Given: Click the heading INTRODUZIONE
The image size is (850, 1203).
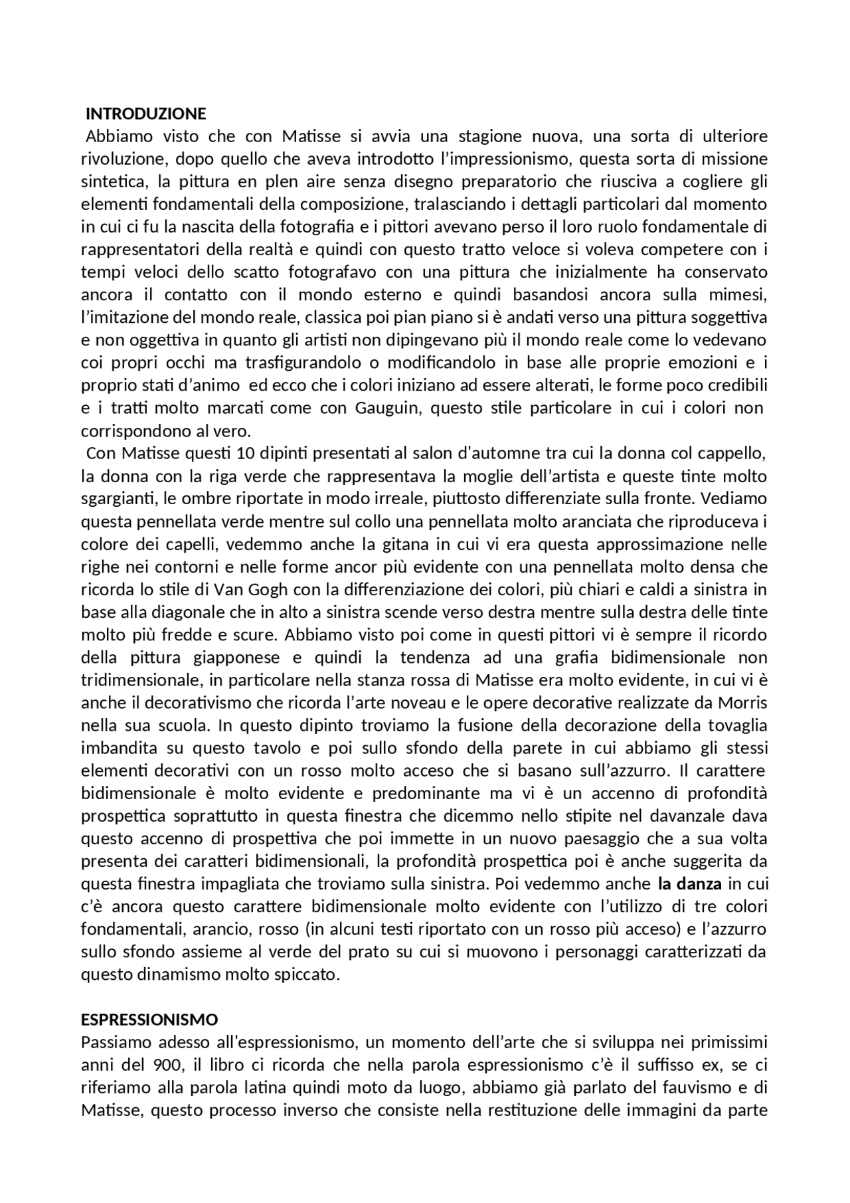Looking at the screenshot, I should pyautogui.click(x=146, y=113).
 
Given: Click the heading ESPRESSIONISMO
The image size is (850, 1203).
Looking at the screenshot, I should pyautogui.click(x=149, y=1019).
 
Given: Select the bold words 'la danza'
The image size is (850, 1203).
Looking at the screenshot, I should pyautogui.click(x=689, y=884).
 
